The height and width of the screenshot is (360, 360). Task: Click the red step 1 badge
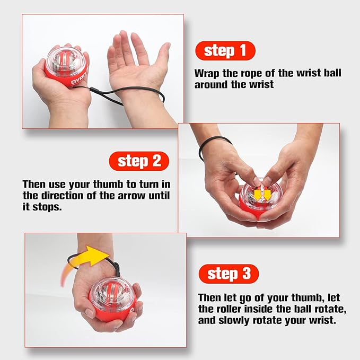tap(225, 51)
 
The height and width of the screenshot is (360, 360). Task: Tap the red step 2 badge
tap(139, 161)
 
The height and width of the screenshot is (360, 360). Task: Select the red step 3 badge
tap(229, 274)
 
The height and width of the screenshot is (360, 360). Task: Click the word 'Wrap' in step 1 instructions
tap(207, 73)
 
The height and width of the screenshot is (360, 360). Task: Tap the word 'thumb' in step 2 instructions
tap(118, 185)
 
